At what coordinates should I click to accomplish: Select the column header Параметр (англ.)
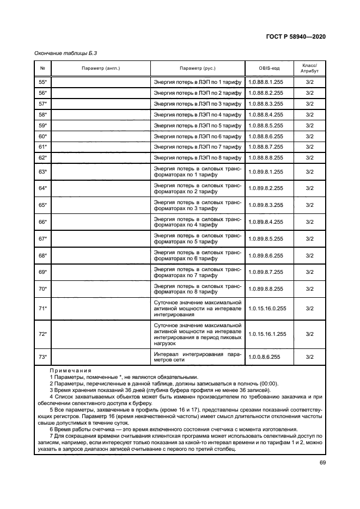point(101,69)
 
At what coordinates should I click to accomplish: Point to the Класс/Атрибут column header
point(309,69)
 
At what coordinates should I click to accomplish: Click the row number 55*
point(42,82)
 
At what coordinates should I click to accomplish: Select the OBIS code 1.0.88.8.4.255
point(265,114)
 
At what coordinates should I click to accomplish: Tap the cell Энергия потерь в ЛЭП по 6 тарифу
point(197,136)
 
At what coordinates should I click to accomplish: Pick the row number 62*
point(42,157)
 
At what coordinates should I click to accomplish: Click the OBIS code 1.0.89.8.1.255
point(265,171)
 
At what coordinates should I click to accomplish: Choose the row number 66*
point(42,222)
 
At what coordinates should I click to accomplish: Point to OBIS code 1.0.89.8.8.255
point(265,289)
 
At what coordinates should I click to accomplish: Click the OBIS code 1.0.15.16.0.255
point(266,309)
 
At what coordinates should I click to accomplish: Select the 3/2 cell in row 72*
point(309,333)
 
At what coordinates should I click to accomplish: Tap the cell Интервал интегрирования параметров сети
point(197,357)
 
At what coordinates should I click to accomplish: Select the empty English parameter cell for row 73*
point(101,357)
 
